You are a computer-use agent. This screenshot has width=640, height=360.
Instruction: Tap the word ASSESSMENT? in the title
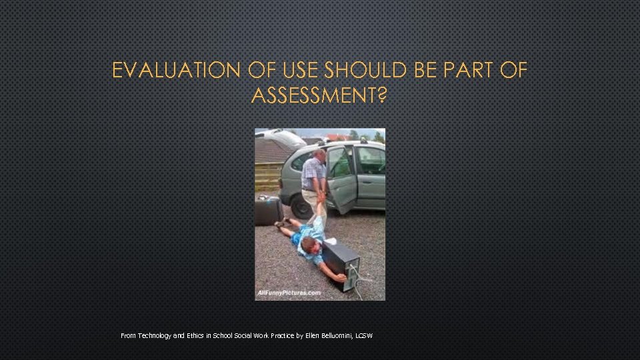[x=319, y=97]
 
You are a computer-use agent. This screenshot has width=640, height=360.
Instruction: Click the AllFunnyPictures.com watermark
[x=289, y=293]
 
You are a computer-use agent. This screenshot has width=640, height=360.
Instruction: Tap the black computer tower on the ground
[x=341, y=265]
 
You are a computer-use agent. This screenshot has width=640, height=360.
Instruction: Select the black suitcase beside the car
[x=269, y=211]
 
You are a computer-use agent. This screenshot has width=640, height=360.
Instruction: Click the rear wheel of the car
[x=301, y=205]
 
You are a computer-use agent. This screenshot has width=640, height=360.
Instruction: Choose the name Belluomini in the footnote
[x=340, y=335]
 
